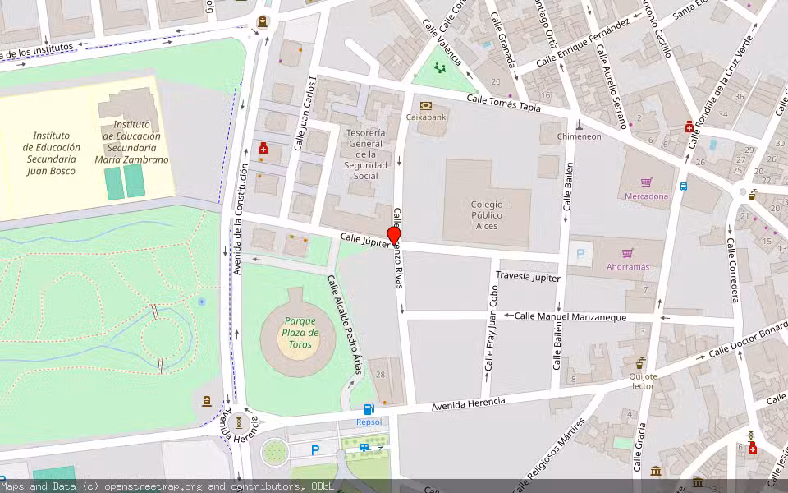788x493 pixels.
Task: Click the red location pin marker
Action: (394, 235)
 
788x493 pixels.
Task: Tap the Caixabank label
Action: (426, 117)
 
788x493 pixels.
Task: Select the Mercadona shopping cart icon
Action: (647, 182)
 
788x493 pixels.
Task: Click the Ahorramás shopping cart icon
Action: (628, 253)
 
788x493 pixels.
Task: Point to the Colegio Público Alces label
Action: (488, 215)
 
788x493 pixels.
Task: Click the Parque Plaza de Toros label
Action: (300, 333)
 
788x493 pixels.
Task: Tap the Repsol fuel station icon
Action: (369, 409)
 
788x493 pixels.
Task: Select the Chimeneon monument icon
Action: (580, 125)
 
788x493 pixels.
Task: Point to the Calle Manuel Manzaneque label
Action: (570, 316)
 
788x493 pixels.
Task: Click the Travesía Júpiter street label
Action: (529, 278)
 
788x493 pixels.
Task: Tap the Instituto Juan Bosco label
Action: (51, 153)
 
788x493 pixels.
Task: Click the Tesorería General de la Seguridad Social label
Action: (366, 154)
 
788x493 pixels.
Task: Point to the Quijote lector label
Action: (643, 380)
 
